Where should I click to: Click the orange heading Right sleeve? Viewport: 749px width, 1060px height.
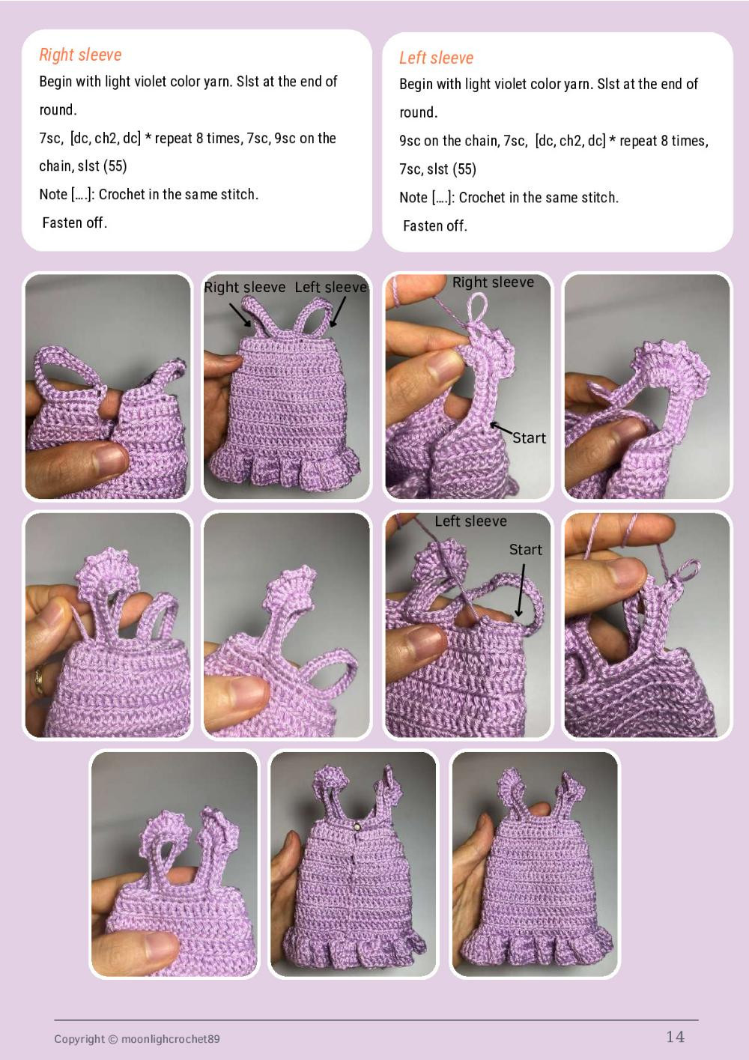[x=80, y=55]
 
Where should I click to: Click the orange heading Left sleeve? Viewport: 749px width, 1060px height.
[x=436, y=58]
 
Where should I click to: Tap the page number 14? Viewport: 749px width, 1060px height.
[x=675, y=1036]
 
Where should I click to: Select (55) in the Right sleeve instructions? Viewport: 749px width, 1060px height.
[x=115, y=166]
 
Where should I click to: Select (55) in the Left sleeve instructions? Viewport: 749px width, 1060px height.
[x=464, y=169]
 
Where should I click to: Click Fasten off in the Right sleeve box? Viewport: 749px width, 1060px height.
[x=75, y=222]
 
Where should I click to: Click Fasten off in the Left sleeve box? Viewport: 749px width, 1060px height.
[x=435, y=225]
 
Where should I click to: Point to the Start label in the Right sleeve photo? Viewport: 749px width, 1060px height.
[x=529, y=438]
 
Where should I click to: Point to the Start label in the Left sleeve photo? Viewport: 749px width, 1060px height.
[x=525, y=550]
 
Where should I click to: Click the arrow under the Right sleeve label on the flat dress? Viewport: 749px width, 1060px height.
[x=240, y=314]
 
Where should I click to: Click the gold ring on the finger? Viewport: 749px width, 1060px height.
[x=38, y=681]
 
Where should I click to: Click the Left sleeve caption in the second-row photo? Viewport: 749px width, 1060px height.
[x=470, y=521]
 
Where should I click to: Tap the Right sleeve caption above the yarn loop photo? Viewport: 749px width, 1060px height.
[x=493, y=282]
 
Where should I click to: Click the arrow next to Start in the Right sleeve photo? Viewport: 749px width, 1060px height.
[x=501, y=430]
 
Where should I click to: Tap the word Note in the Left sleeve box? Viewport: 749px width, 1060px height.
[x=413, y=198]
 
